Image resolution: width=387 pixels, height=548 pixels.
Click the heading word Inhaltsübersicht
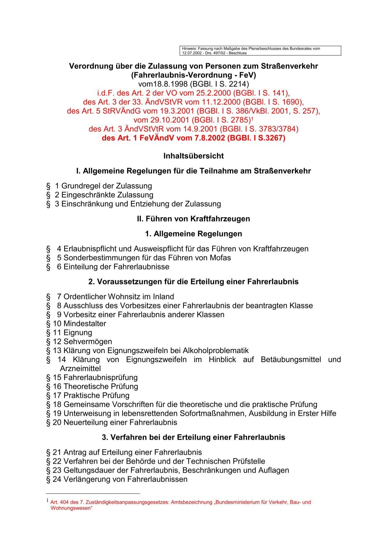pos(193,156)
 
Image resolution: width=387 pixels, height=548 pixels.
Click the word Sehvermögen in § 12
pos(88,341)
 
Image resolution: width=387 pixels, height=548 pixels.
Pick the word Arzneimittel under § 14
pos(80,369)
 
